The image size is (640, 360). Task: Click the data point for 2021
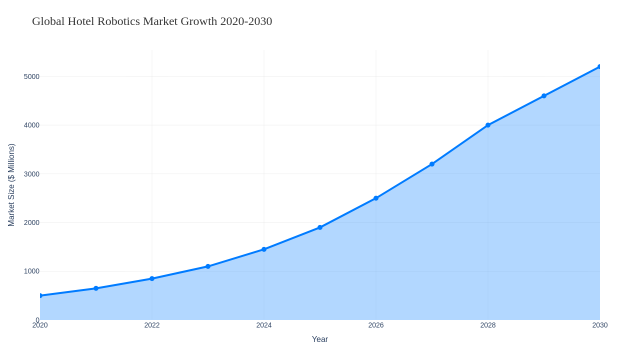96,288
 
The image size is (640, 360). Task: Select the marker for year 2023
208,266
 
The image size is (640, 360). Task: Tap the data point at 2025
320,227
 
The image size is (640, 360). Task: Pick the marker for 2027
432,164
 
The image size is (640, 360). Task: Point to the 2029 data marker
544,96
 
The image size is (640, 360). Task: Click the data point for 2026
376,198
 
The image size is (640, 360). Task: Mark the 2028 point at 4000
488,125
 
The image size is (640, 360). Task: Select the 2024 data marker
264,249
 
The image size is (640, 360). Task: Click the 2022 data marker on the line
152,278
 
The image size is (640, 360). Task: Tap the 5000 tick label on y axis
31,76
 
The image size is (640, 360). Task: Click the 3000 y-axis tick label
31,174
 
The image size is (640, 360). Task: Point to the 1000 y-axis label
31,271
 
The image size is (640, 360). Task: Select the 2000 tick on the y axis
31,222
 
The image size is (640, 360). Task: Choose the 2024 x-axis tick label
264,325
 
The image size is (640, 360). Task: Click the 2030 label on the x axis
600,325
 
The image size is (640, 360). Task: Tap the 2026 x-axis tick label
376,325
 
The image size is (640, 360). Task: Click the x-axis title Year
320,339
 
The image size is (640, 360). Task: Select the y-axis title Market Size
11,185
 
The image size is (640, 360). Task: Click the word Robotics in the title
118,21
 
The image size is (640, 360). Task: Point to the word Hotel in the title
81,21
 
